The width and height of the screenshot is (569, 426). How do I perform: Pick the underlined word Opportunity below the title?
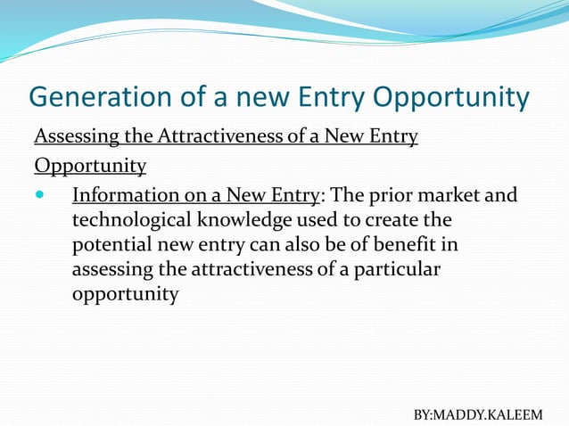90,166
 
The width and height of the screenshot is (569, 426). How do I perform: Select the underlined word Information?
121,194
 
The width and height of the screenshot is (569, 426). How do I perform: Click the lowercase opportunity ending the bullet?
125,294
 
